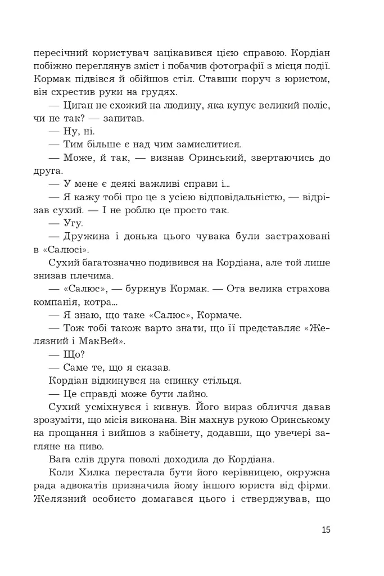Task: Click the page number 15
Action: coord(326,529)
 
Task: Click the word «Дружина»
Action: coord(90,236)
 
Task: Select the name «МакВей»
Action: coord(104,341)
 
